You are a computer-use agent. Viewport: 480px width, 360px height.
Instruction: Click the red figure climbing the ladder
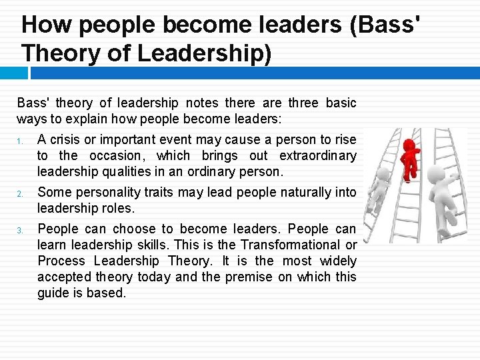[x=410, y=157]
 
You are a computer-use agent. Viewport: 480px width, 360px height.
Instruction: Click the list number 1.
[x=21, y=141]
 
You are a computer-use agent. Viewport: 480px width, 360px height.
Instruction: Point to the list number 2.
[x=21, y=194]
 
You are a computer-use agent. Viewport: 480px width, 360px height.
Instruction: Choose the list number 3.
[x=21, y=230]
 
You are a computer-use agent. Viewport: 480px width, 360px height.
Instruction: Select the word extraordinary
[x=318, y=155]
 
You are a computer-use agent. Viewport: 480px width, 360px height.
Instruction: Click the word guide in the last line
[x=52, y=293]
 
